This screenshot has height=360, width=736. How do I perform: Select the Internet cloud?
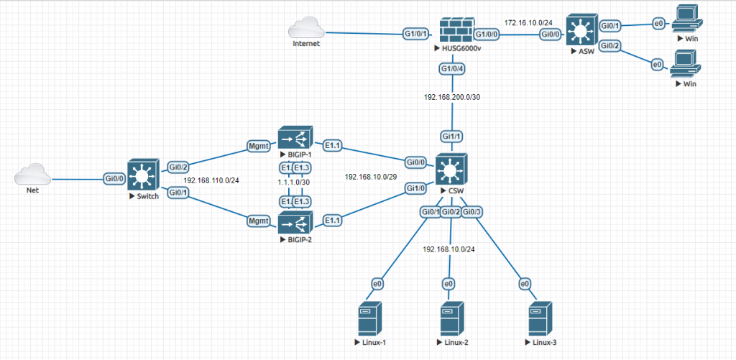pyautogui.click(x=306, y=30)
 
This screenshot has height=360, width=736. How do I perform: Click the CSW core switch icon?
pyautogui.click(x=451, y=171)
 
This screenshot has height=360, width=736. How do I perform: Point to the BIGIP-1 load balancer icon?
pyautogui.click(x=294, y=138)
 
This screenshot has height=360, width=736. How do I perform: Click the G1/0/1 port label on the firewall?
pyautogui.click(x=416, y=34)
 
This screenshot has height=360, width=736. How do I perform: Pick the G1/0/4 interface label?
pyautogui.click(x=453, y=69)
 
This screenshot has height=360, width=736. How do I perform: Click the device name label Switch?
pyautogui.click(x=143, y=195)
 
